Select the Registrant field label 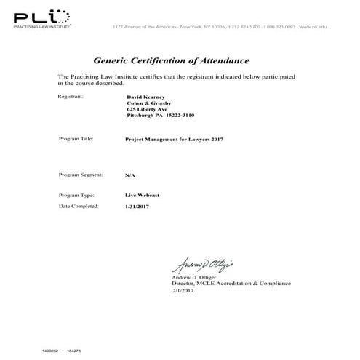click(71, 96)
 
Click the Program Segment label click(81, 175)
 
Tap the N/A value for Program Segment click(130, 175)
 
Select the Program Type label click(76, 196)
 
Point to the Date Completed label click(79, 207)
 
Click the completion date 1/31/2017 click(137, 207)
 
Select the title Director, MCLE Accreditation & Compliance click(231, 283)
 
